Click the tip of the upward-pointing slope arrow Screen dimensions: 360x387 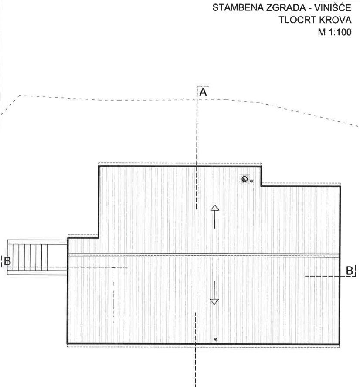click(x=215, y=205)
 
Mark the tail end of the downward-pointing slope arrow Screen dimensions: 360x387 click(x=214, y=281)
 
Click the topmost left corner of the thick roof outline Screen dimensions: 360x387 click(x=99, y=166)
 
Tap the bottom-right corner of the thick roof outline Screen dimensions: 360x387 click(x=340, y=344)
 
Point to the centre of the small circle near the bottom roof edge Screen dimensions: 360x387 click(x=216, y=339)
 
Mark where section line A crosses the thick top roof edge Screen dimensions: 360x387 click(x=197, y=166)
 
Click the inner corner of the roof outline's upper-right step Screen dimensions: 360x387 click(x=262, y=186)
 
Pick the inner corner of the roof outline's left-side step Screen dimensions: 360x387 click(x=98, y=238)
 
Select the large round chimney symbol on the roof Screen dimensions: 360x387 click(x=245, y=179)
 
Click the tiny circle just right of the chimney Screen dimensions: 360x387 click(x=251, y=181)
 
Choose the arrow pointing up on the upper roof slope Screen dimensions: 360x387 click(x=215, y=217)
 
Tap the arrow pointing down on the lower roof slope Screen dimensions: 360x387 click(x=214, y=293)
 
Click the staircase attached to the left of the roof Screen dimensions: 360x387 click(x=37, y=257)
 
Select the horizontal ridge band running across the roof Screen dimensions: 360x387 click(x=204, y=255)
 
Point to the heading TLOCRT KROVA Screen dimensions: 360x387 click(x=315, y=20)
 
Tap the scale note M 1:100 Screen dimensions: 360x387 click(x=335, y=32)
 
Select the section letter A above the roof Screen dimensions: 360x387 click(x=203, y=92)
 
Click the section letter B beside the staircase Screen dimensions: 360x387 click(x=7, y=261)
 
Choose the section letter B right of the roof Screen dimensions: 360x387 click(x=350, y=271)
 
